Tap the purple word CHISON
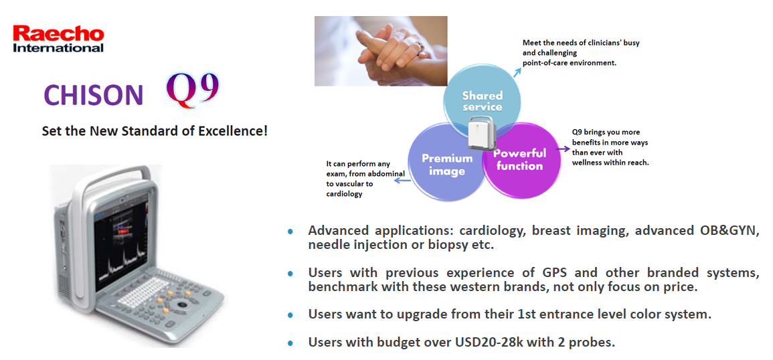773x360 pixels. coord(93,95)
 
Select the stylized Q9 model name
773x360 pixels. coord(192,89)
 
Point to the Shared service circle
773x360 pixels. coord(482,102)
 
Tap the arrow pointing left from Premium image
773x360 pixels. coord(402,181)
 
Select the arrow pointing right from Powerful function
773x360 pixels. coord(563,148)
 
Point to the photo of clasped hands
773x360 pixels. coord(381,51)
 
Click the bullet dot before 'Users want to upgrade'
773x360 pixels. coord(290,314)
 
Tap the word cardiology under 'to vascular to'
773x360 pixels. coord(344,194)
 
